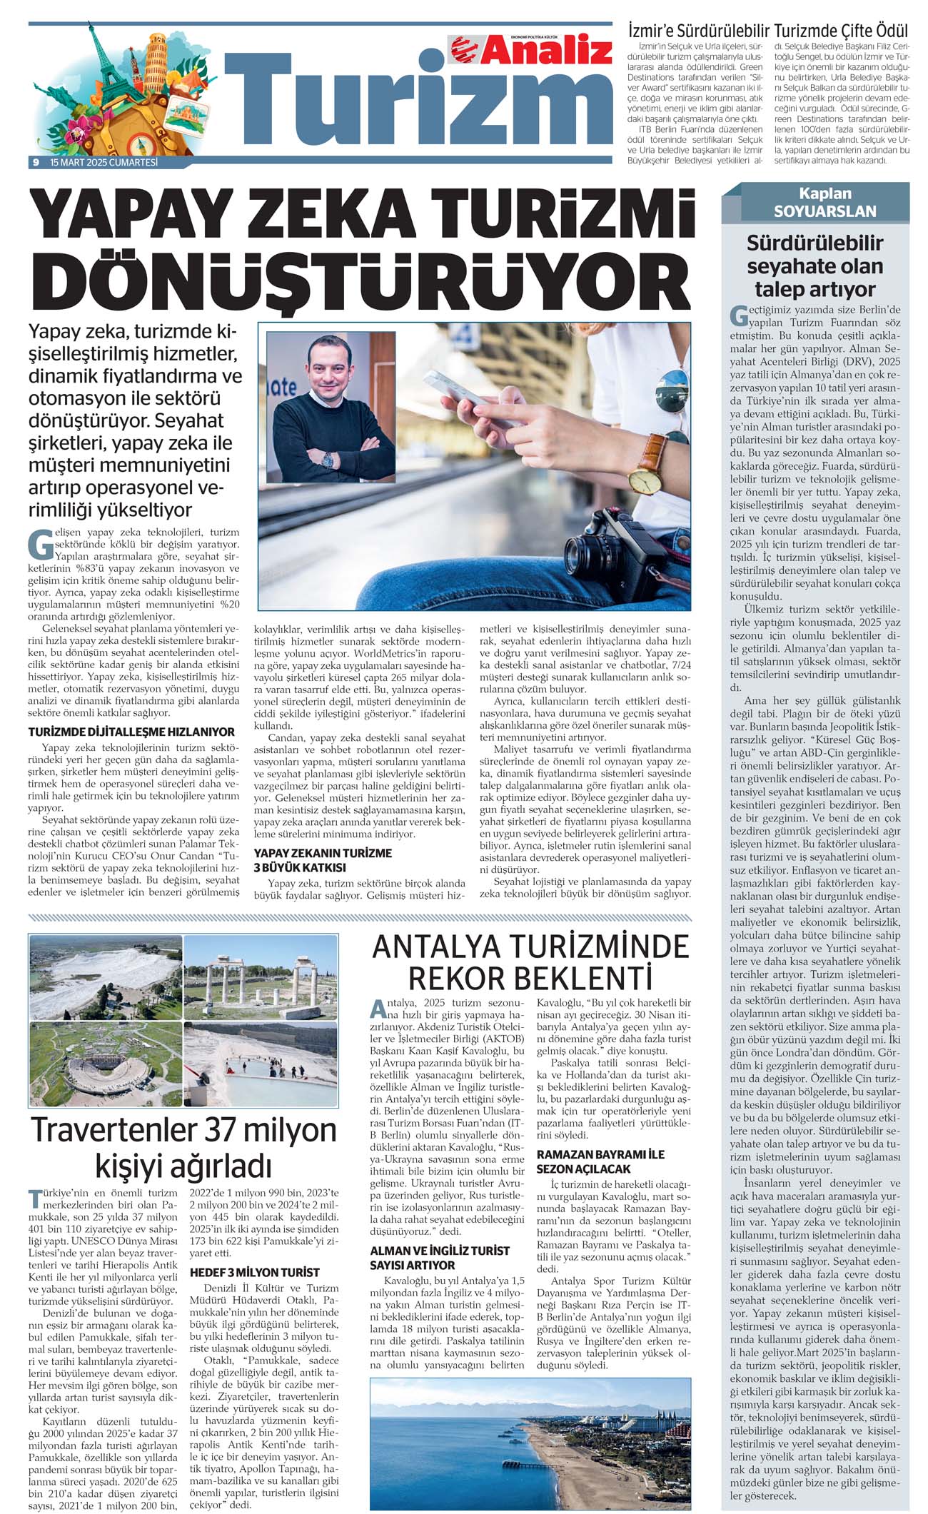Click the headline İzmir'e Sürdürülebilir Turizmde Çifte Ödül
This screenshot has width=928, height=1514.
point(767,31)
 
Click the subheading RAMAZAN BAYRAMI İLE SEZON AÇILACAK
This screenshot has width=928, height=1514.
point(600,1161)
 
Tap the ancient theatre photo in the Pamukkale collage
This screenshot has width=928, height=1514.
point(106,1064)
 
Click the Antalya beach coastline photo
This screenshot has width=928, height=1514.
point(530,1442)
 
